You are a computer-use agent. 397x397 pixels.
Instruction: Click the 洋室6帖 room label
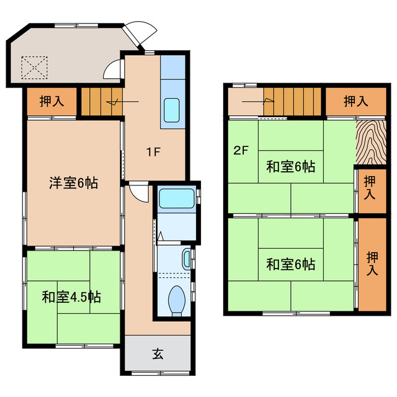[x=74, y=183]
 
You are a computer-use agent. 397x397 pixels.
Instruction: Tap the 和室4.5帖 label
[x=71, y=297]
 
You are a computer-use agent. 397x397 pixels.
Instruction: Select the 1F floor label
[x=154, y=151]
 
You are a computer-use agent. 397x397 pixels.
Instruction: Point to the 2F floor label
[x=241, y=150]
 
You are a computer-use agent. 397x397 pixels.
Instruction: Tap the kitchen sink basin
[x=172, y=110]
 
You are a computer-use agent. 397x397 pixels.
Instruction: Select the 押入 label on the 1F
[x=51, y=102]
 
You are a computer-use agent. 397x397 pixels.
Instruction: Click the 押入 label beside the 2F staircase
[x=355, y=101]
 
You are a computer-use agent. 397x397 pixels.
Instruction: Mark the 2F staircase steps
[x=293, y=101]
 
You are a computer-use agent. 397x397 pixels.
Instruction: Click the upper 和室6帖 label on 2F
[x=291, y=166]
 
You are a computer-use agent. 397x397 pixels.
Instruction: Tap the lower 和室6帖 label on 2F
[x=291, y=265]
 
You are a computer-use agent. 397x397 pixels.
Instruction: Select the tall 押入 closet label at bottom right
[x=372, y=264]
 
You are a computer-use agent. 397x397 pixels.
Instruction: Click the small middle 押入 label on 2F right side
[x=370, y=187]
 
